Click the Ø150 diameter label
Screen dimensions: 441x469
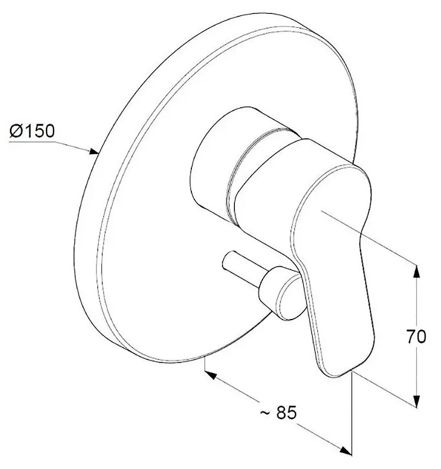pyautogui.click(x=32, y=131)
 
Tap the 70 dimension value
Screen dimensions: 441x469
pyautogui.click(x=416, y=337)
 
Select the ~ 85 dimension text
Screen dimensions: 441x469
pyautogui.click(x=278, y=413)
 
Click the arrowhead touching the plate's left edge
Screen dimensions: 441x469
pyautogui.click(x=94, y=152)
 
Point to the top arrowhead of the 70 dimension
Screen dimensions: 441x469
pyautogui.click(x=416, y=272)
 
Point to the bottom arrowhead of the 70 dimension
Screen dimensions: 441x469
pyautogui.click(x=416, y=400)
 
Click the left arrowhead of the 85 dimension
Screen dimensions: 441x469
pyautogui.click(x=211, y=374)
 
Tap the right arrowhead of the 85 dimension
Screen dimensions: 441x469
pyautogui.click(x=346, y=450)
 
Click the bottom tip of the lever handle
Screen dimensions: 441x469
pyautogui.click(x=337, y=376)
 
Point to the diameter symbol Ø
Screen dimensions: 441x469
pyautogui.click(x=16, y=131)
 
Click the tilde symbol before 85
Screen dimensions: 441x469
pyautogui.click(x=264, y=413)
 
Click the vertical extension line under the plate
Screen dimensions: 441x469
pyautogui.click(x=205, y=364)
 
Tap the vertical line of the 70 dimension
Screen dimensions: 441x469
pyautogui.click(x=416, y=335)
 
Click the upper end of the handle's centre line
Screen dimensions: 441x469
pyautogui.click(x=322, y=211)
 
